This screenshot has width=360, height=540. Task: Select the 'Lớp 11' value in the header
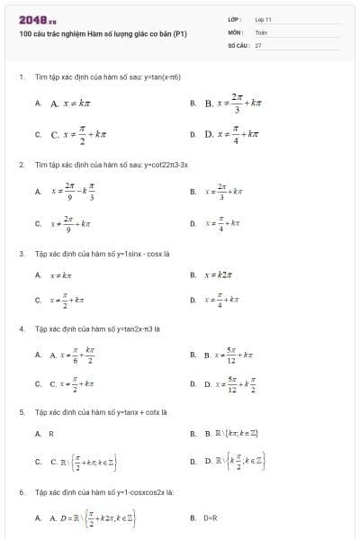tap(263, 18)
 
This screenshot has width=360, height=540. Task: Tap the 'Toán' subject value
tap(261, 31)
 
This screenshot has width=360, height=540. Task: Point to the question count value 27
tap(257, 43)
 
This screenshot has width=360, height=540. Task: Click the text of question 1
tap(108, 77)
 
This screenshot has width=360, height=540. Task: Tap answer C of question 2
tap(72, 223)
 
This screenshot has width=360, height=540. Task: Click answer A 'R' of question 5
tap(51, 434)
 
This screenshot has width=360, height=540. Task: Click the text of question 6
tap(104, 493)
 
